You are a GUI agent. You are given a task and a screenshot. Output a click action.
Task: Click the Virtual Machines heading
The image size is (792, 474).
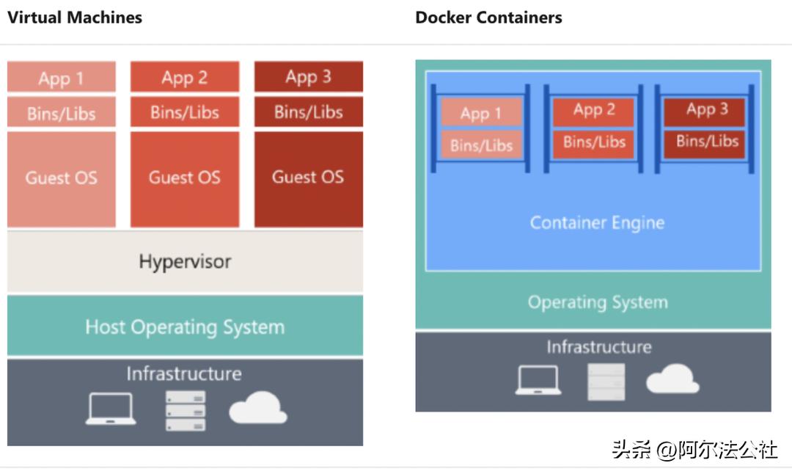[75, 17]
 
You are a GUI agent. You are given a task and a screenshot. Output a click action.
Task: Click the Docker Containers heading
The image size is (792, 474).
[488, 17]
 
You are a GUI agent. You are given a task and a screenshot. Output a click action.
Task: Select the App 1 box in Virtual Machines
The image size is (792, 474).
[62, 77]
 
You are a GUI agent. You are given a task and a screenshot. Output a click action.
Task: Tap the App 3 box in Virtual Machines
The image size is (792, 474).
[308, 76]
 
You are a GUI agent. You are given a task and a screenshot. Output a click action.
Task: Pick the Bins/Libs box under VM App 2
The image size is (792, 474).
[185, 112]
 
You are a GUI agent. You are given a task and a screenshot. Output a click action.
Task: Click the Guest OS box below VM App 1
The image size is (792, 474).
[62, 178]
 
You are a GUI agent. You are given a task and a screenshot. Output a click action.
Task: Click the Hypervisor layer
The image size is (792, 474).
[185, 262]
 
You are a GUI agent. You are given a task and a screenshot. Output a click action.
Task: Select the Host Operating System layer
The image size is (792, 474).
[185, 327]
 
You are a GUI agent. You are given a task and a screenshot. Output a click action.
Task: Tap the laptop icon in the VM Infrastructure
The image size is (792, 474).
[111, 409]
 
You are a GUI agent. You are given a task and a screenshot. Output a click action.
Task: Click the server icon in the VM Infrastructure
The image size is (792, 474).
[186, 410]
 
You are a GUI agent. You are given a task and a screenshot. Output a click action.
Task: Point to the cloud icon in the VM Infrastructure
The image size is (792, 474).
[257, 408]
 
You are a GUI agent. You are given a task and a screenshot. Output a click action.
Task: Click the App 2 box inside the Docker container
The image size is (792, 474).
[594, 111]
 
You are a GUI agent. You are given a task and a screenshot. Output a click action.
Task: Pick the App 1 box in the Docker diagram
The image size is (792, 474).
[481, 113]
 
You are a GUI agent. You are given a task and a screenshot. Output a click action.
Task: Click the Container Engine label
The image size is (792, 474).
[597, 223]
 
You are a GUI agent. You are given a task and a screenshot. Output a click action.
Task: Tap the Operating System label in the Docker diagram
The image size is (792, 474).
[597, 302]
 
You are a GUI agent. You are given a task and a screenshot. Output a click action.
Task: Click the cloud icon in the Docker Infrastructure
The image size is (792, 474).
[672, 379]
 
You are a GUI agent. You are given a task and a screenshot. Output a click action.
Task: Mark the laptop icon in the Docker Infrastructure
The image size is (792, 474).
[538, 380]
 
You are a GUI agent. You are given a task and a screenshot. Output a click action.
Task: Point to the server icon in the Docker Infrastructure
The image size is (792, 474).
[606, 382]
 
